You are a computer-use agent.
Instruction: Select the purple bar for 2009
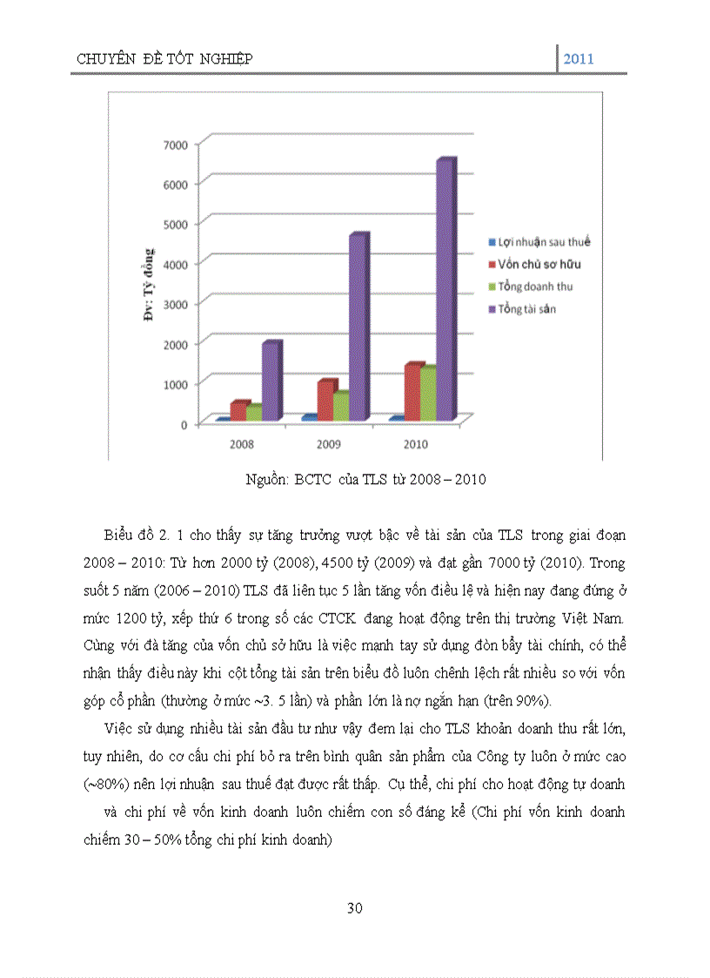(x=358, y=329)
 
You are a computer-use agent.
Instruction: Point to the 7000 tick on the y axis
(x=176, y=143)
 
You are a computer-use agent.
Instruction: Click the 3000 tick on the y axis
(x=176, y=303)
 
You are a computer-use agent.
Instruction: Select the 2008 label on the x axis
(x=242, y=443)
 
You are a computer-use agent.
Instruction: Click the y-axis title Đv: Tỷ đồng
(x=148, y=286)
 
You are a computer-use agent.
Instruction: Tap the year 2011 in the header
(x=579, y=59)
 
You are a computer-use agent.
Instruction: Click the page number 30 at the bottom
(x=354, y=908)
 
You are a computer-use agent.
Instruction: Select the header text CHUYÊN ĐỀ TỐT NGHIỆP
(x=164, y=59)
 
